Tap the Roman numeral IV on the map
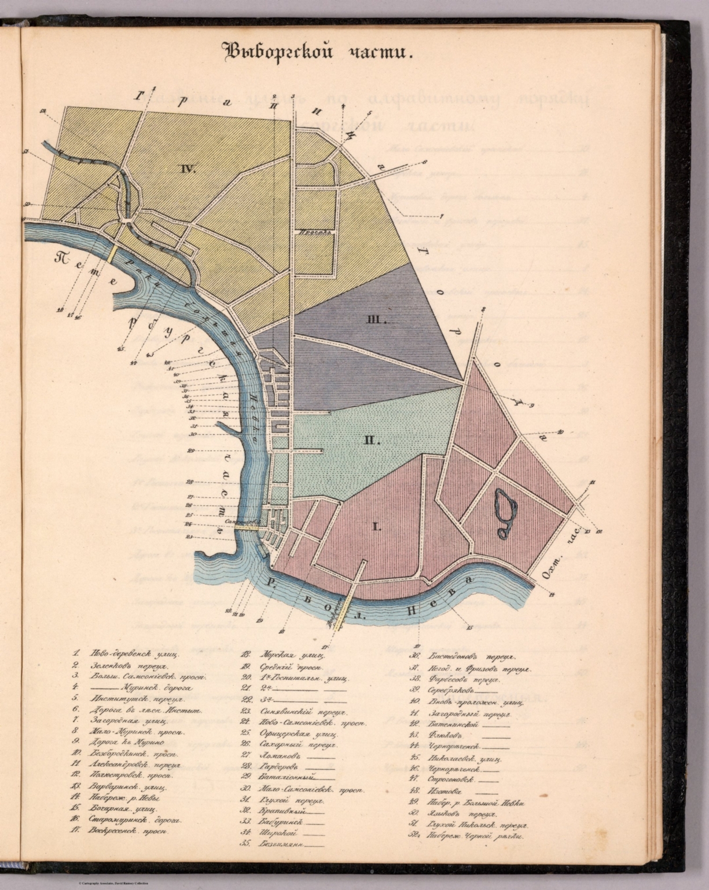pos(188,169)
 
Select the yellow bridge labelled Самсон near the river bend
pos(243,525)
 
